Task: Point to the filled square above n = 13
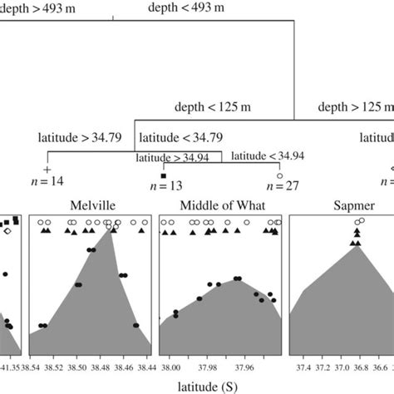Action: [164, 175]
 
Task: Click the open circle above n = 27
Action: [280, 175]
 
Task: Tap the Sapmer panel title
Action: [338, 204]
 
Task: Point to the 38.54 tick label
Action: [41, 364]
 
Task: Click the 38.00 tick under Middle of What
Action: [171, 364]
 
